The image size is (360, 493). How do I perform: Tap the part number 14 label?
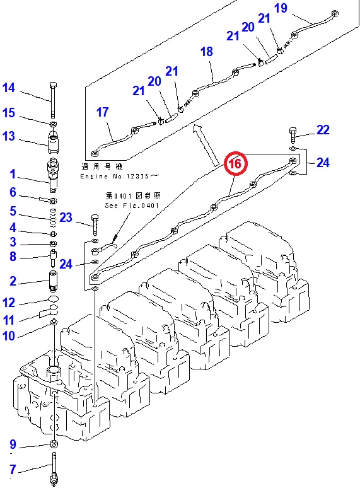point(8,88)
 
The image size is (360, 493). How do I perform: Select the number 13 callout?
point(8,136)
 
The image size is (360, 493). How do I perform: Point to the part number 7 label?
point(11,469)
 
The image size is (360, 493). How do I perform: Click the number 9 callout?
point(11,444)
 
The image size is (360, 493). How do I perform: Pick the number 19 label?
point(281,8)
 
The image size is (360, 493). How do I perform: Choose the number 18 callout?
point(207,52)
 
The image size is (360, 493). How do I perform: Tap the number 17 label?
point(103,112)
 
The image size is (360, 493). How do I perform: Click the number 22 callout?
point(323,130)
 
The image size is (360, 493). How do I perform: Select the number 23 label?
point(67,218)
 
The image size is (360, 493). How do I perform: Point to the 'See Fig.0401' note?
point(132,205)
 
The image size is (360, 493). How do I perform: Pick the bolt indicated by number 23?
point(95,224)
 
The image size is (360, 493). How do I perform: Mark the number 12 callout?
point(8,303)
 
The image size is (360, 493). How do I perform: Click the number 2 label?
point(12,281)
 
